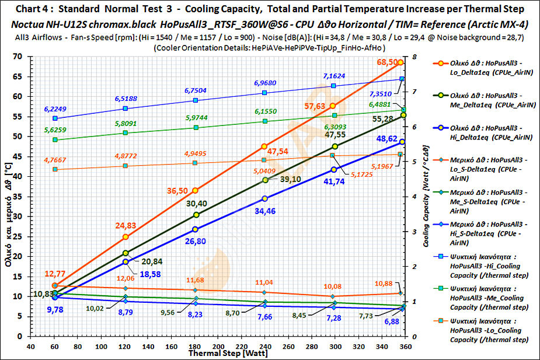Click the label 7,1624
point(334,76)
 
